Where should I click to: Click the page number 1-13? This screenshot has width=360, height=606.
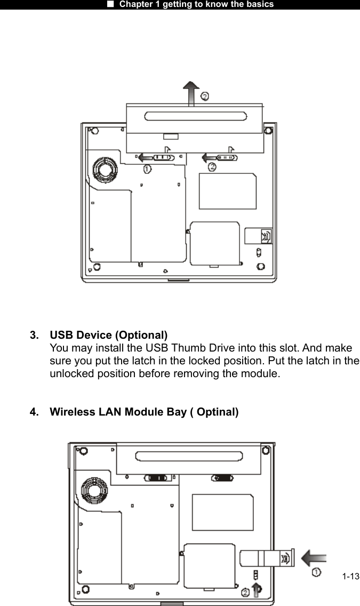[350, 577]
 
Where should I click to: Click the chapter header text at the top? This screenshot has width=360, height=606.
[196, 4]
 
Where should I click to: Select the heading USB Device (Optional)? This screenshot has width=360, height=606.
[109, 335]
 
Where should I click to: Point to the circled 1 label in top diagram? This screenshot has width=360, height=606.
[147, 169]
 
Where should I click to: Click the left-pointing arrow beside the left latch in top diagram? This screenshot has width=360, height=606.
[143, 157]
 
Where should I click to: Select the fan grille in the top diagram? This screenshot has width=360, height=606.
[102, 170]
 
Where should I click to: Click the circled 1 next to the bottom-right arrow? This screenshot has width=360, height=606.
[316, 572]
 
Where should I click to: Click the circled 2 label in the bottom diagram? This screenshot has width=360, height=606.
[245, 592]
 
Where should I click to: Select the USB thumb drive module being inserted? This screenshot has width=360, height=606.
[264, 559]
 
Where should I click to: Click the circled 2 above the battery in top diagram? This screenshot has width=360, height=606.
[204, 96]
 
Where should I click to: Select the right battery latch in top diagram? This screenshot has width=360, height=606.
[226, 157]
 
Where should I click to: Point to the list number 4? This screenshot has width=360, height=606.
[34, 412]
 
